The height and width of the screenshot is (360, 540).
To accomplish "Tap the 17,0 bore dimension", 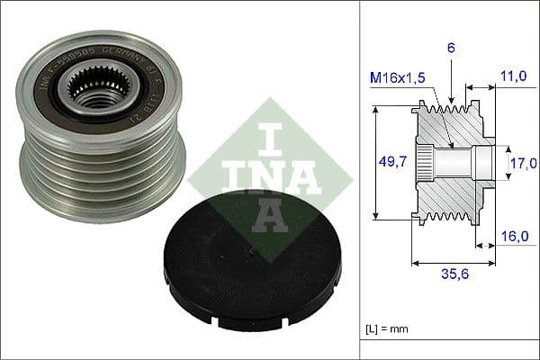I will [523, 163].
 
